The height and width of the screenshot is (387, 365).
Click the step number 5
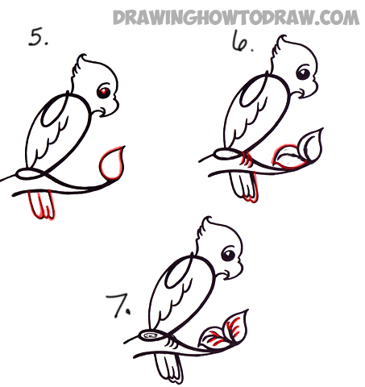pos(38,38)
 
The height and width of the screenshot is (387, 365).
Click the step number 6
pos(242,41)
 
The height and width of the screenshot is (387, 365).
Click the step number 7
pos(118,306)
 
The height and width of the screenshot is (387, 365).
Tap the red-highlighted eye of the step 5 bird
pos(104,92)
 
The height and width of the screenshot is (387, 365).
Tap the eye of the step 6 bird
pos(304,73)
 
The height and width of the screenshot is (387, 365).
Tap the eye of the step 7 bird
pos(229,254)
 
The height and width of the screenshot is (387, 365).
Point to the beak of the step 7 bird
pos(234,271)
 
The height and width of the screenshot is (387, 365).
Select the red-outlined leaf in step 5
pos(112,163)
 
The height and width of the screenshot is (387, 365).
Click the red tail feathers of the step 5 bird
pos(42,204)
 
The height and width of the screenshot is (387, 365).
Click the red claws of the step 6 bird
pos(247,159)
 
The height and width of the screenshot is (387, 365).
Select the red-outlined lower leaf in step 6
pos(288,157)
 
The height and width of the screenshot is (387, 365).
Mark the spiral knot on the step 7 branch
pos(151,335)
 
